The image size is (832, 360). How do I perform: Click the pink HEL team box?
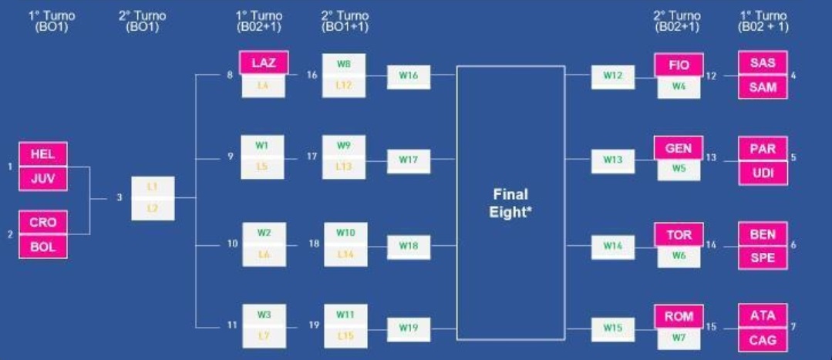(x=43, y=154)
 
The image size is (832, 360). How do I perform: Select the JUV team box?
(x=43, y=179)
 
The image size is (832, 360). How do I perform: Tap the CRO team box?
(x=43, y=223)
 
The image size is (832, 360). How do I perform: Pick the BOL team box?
(x=43, y=247)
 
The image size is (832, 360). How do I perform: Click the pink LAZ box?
(x=264, y=62)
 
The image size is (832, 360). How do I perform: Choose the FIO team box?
(x=679, y=66)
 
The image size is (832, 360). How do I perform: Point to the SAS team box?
(x=763, y=63)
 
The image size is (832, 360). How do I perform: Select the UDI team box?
(x=763, y=173)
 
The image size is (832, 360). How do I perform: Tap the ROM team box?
(x=679, y=316)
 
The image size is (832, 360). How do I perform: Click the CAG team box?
(x=763, y=340)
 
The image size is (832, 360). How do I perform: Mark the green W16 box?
(x=408, y=76)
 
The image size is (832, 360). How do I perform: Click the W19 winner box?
(x=408, y=328)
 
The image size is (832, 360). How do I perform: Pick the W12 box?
(x=613, y=76)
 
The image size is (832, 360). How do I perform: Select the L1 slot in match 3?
(x=153, y=187)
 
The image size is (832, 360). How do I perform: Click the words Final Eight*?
(x=510, y=203)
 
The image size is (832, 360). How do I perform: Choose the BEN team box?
(x=763, y=233)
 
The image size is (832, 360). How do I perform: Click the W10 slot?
(x=344, y=232)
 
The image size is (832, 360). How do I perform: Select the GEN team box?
(x=679, y=148)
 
